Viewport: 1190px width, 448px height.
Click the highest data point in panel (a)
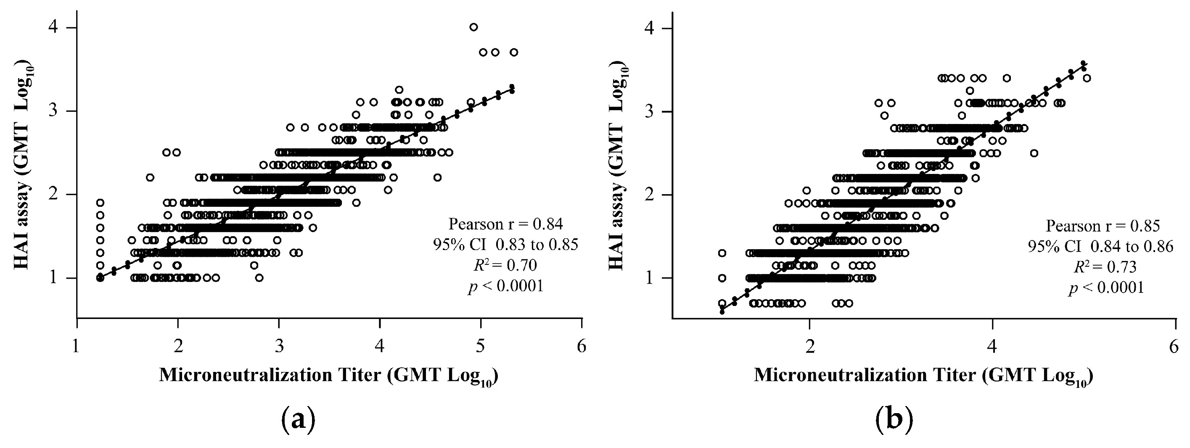[473, 27]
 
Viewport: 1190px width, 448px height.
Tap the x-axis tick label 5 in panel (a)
[481, 346]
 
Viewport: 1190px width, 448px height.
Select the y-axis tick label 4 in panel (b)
[651, 28]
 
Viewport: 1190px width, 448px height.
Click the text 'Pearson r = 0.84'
[505, 224]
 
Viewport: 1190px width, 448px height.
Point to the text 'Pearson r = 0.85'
[1102, 226]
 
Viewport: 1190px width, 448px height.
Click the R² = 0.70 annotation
[505, 266]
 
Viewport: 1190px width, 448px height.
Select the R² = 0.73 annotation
[1102, 267]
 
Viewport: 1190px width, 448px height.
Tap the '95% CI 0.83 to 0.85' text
[505, 245]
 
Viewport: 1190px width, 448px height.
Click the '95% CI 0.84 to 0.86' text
[1100, 247]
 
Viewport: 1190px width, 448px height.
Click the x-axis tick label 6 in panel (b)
[1174, 346]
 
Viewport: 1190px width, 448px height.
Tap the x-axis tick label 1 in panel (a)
[77, 346]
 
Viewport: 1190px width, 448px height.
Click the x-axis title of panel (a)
[328, 375]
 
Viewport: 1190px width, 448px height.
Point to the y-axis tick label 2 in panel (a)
[55, 195]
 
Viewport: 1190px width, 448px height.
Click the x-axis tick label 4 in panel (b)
[992, 346]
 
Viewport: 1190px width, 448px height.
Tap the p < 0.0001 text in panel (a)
[505, 287]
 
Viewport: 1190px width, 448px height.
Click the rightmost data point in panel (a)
[514, 52]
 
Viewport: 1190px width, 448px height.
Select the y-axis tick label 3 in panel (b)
[651, 111]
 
